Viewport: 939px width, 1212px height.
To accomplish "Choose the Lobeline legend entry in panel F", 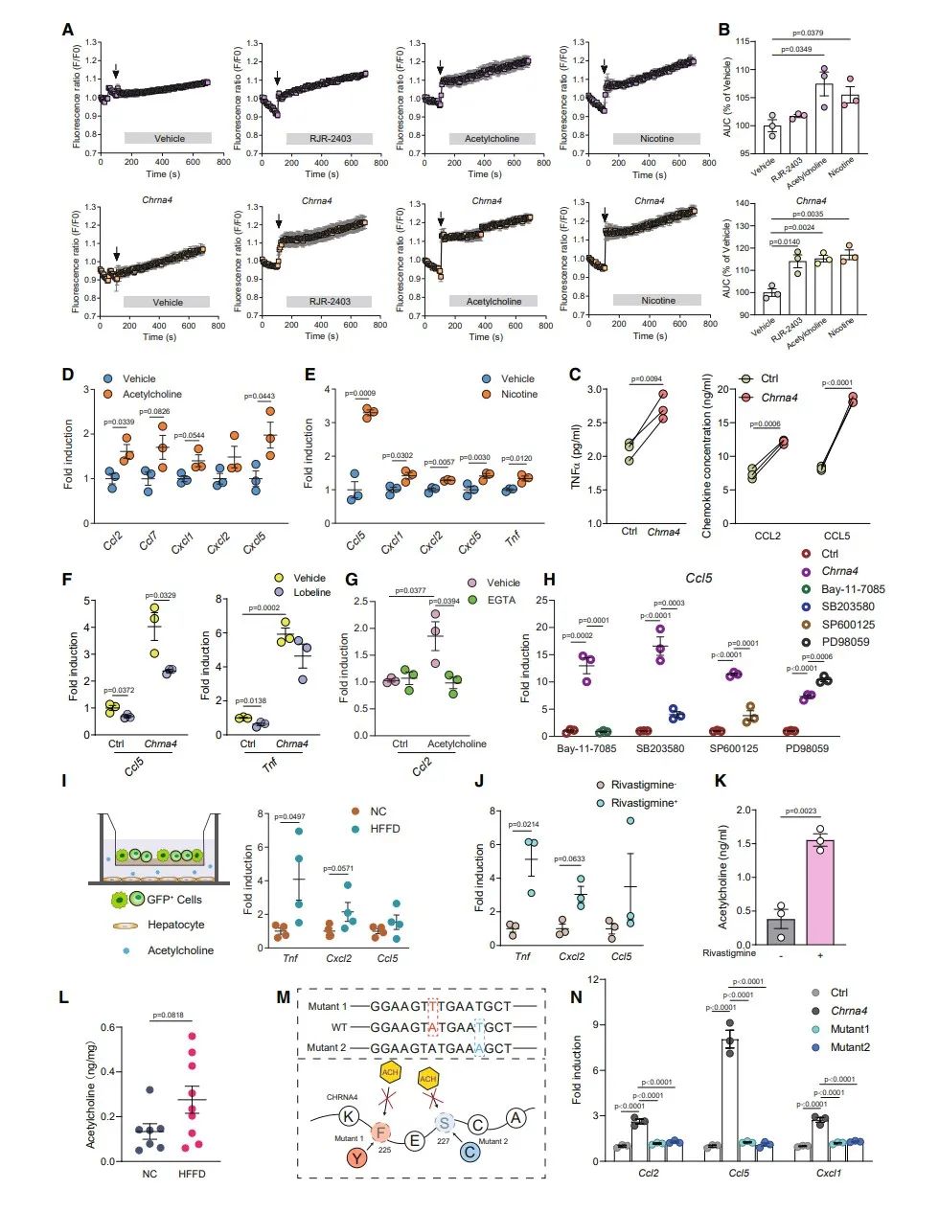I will click(x=311, y=592).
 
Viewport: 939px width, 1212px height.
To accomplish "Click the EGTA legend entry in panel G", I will click(x=501, y=600).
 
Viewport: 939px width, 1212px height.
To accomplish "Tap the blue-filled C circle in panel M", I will click(x=469, y=1150).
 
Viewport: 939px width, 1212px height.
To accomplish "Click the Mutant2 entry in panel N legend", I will click(x=851, y=1047).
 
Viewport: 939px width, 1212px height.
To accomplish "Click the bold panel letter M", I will click(x=284, y=997).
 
